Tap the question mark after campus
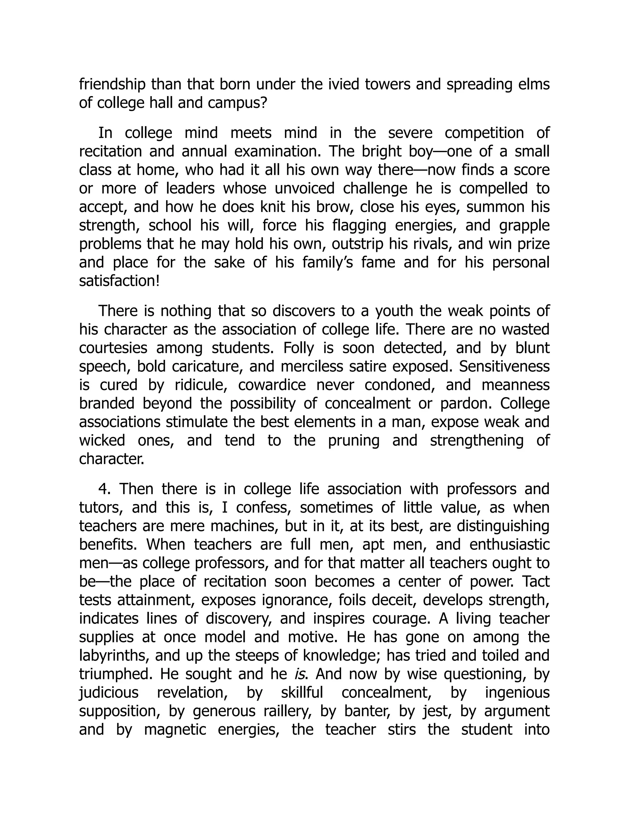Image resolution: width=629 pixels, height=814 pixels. tap(264, 103)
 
